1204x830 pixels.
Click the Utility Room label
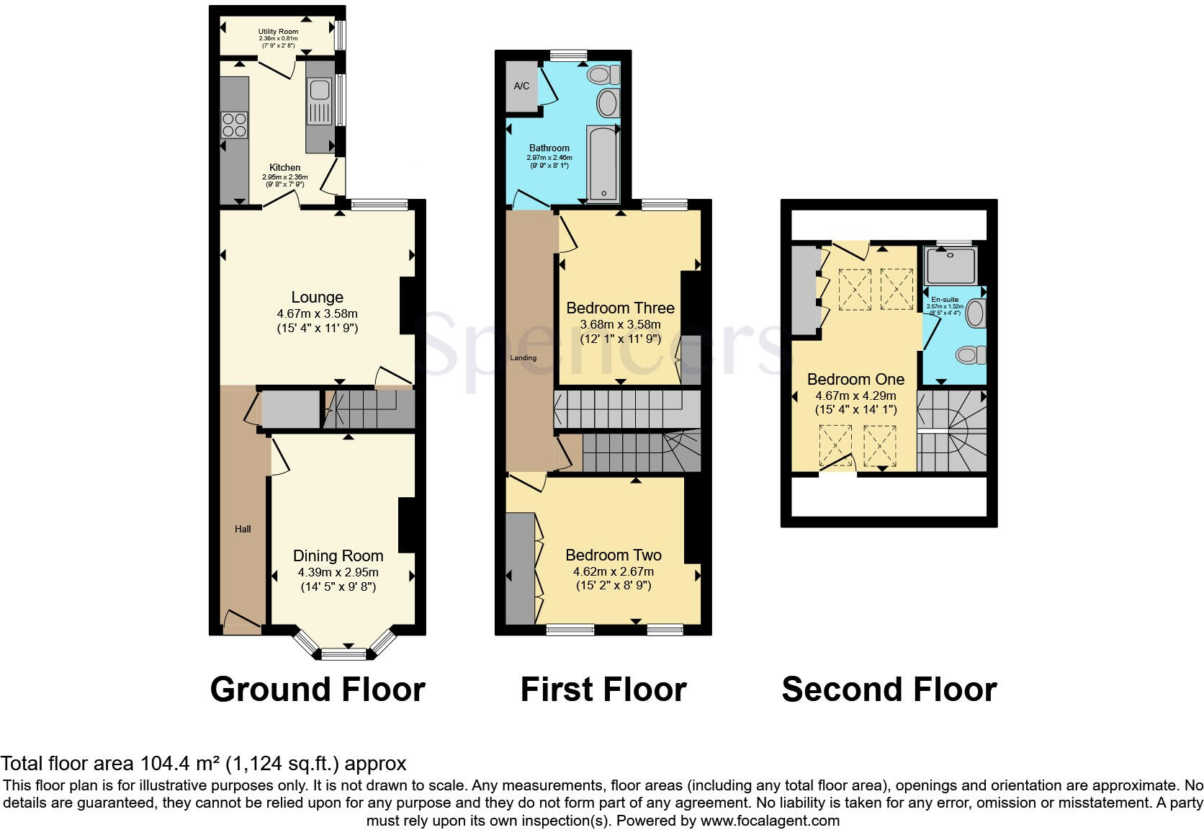[x=278, y=32]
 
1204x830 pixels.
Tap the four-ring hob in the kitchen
[x=234, y=125]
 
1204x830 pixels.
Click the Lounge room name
[x=317, y=297]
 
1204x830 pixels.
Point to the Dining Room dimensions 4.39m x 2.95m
[x=338, y=572]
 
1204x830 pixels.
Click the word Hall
[x=243, y=529]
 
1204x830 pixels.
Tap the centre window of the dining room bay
[x=344, y=654]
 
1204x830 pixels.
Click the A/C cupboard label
[x=521, y=86]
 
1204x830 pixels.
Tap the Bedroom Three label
[x=620, y=308]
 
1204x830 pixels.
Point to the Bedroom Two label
[x=614, y=555]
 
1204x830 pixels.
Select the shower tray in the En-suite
[x=951, y=266]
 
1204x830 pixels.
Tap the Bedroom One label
[x=855, y=379]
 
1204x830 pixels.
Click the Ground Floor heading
[x=317, y=690]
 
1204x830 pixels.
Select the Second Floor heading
[x=889, y=690]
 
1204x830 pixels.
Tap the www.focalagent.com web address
[x=770, y=820]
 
